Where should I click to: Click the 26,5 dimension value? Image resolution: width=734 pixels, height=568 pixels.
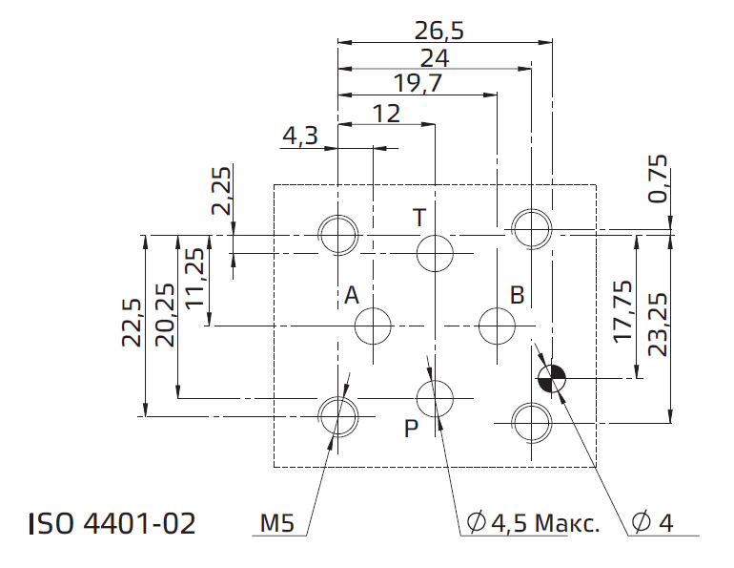pyautogui.click(x=439, y=32)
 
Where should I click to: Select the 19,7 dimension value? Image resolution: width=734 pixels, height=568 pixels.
pyautogui.click(x=418, y=84)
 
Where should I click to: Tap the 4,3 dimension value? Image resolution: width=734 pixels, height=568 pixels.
pyautogui.click(x=300, y=136)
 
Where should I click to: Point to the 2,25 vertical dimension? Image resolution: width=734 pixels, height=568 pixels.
pyautogui.click(x=221, y=191)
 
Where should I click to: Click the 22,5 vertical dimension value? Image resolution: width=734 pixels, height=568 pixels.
pyautogui.click(x=132, y=323)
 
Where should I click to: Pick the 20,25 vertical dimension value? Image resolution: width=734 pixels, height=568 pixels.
pyautogui.click(x=165, y=315)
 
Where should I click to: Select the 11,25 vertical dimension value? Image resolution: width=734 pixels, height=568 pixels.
pyautogui.click(x=194, y=278)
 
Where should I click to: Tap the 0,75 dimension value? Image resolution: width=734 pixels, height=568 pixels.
pyautogui.click(x=657, y=179)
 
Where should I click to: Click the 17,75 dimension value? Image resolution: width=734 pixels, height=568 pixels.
pyautogui.click(x=623, y=311)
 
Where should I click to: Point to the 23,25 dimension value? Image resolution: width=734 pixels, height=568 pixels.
pyautogui.click(x=657, y=325)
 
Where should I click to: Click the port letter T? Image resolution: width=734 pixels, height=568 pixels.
pyautogui.click(x=419, y=218)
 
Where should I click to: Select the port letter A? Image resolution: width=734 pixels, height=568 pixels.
pyautogui.click(x=352, y=296)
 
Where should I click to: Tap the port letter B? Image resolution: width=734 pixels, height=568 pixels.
pyautogui.click(x=517, y=295)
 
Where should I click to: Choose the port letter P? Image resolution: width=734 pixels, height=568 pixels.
pyautogui.click(x=411, y=429)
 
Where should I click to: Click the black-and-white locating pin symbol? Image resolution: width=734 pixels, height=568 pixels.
pyautogui.click(x=551, y=378)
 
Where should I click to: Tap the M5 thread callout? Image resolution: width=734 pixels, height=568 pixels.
pyautogui.click(x=277, y=523)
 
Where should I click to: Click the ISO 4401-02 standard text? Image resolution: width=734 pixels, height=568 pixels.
pyautogui.click(x=112, y=523)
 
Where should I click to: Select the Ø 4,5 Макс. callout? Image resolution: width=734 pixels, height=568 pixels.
pyautogui.click(x=533, y=522)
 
